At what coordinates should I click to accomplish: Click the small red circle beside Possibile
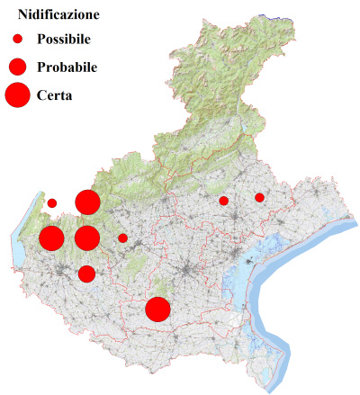(17, 39)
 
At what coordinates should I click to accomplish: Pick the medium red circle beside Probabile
(17, 67)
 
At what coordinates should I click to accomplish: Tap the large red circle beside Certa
(17, 94)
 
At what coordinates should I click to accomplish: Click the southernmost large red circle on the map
(158, 310)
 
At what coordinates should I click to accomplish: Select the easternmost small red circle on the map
(259, 197)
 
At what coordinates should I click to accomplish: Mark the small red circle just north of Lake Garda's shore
(52, 202)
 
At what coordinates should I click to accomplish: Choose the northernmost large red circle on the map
(87, 202)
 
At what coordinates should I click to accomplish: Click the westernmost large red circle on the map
(51, 238)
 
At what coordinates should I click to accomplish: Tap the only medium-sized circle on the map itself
(86, 274)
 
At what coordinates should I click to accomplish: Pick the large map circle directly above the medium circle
(86, 238)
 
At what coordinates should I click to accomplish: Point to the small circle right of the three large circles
(122, 238)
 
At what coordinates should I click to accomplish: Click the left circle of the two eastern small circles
(223, 201)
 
